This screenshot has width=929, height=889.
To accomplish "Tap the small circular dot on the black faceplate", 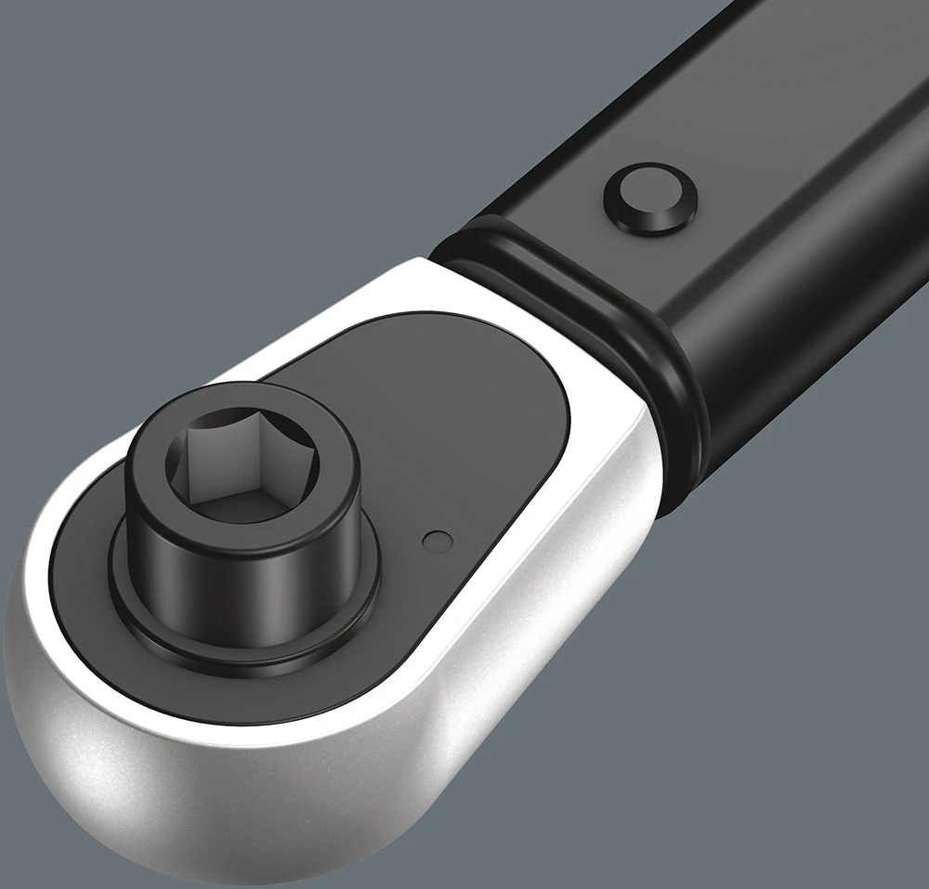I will pyautogui.click(x=436, y=541).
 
